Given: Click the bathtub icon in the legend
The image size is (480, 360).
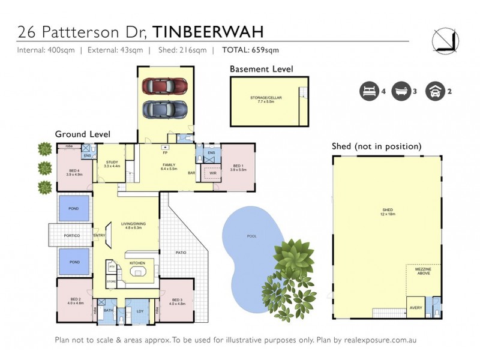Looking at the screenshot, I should (400, 92).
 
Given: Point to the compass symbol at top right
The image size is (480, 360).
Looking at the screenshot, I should (445, 40).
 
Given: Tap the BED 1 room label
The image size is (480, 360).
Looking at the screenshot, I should (238, 166).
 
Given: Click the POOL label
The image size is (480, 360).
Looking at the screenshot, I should (252, 236).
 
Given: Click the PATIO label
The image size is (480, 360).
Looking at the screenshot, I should (181, 253).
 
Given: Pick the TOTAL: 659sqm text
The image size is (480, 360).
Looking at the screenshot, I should (250, 50).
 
